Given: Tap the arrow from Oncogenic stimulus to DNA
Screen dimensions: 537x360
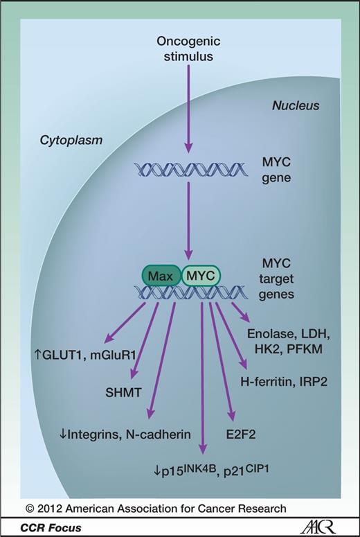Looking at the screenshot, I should [186, 104].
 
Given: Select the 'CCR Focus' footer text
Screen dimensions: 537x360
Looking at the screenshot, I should [53, 527].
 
